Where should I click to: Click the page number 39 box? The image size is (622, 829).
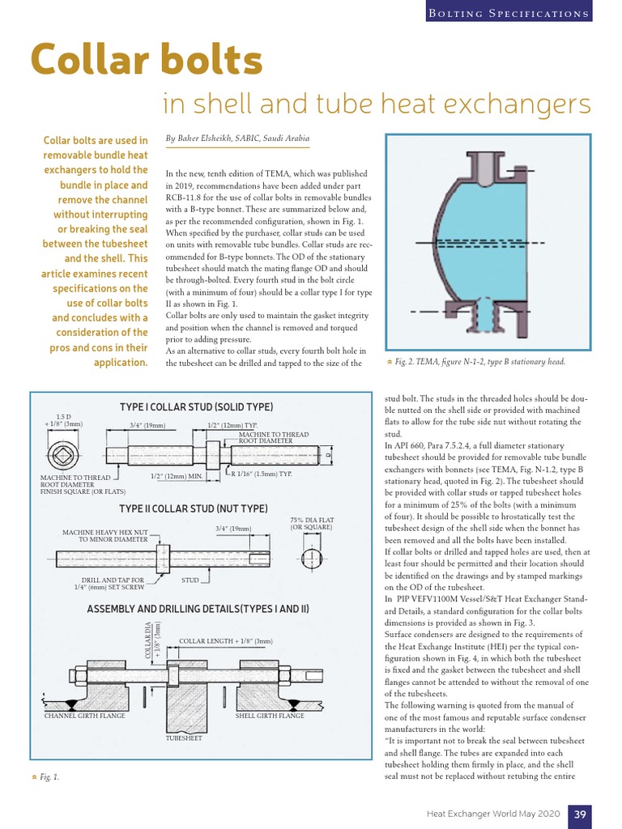pyautogui.click(x=580, y=813)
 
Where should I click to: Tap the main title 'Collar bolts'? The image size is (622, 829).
pyautogui.click(x=146, y=60)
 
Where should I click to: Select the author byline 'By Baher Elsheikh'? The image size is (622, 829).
pyautogui.click(x=237, y=138)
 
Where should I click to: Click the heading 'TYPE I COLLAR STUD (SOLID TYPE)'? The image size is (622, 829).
pyautogui.click(x=196, y=406)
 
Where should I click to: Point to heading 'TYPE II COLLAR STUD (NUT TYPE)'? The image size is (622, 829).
pyautogui.click(x=193, y=508)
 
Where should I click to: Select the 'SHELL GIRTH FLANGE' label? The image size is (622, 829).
pyautogui.click(x=270, y=716)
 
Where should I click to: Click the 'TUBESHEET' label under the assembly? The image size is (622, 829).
pyautogui.click(x=184, y=739)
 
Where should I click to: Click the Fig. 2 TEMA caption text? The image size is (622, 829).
pyautogui.click(x=478, y=362)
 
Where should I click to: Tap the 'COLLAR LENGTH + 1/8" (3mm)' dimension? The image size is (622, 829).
pyautogui.click(x=226, y=640)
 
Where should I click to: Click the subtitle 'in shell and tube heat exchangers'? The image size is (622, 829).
pyautogui.click(x=377, y=104)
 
